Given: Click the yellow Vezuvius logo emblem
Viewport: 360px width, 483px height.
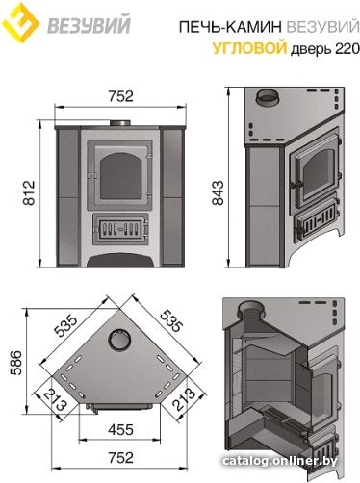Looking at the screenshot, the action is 20,22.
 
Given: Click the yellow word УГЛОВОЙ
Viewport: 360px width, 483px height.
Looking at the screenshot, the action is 249,49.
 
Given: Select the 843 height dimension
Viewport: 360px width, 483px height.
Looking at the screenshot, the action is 219,192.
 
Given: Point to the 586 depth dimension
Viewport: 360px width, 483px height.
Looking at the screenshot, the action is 16,363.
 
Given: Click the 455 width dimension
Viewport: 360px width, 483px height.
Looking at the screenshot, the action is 120,430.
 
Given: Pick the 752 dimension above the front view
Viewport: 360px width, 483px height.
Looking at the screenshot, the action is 120,96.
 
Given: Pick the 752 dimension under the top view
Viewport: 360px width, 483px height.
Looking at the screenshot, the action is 120,458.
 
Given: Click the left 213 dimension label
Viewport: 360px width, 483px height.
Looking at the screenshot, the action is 55,399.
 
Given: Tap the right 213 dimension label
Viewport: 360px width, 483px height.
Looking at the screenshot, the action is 184,399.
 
